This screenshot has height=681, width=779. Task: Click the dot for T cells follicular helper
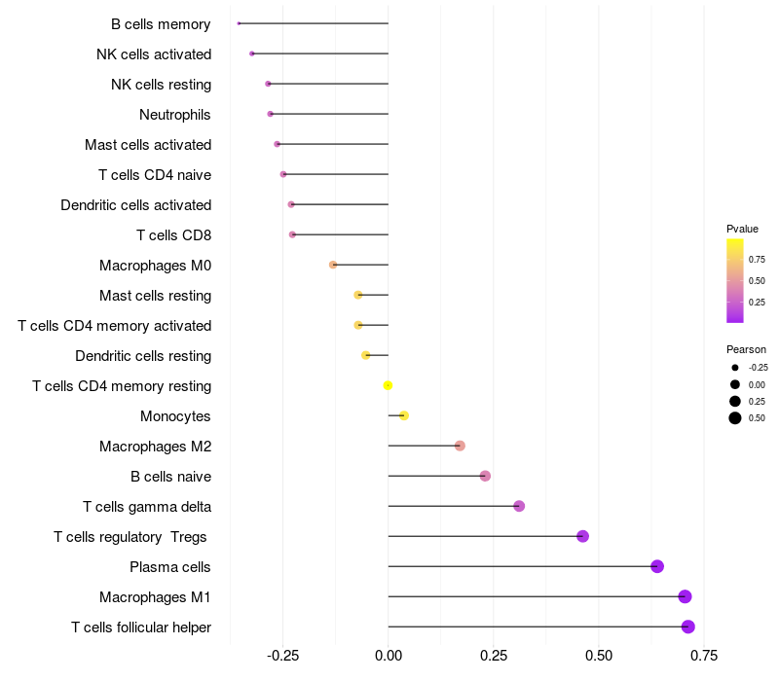click(x=688, y=627)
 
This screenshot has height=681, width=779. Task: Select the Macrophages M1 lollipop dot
click(x=685, y=596)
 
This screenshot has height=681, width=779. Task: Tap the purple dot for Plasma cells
click(x=657, y=566)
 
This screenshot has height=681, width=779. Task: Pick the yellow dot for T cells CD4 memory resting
click(x=388, y=385)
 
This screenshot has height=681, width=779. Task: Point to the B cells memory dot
click(x=239, y=23)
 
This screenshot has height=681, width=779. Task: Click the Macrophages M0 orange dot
click(x=333, y=265)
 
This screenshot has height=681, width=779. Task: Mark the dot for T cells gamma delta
click(x=519, y=506)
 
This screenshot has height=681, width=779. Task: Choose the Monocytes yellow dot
click(x=404, y=415)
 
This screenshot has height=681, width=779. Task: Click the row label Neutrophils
click(x=175, y=115)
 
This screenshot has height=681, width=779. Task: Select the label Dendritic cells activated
click(x=135, y=205)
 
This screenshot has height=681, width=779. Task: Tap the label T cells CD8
click(x=173, y=235)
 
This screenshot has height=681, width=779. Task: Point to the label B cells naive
click(x=170, y=477)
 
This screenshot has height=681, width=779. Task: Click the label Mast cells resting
click(x=155, y=296)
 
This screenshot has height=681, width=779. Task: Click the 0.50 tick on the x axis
click(x=599, y=657)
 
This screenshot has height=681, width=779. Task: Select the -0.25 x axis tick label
click(x=282, y=657)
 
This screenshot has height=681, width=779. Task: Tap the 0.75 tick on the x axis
click(x=704, y=657)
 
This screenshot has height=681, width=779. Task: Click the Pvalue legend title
click(x=742, y=229)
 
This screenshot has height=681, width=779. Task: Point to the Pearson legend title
click(x=746, y=349)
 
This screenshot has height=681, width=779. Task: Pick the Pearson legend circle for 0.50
click(x=735, y=418)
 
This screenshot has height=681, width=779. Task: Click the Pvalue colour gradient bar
click(x=735, y=280)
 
